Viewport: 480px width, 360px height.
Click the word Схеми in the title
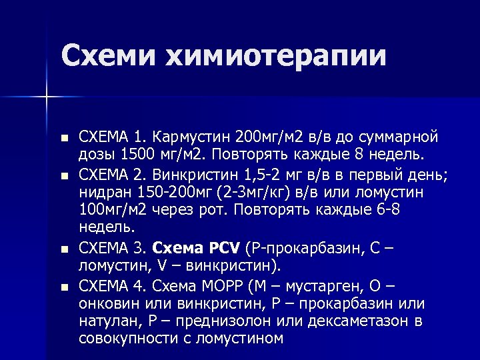click(106, 55)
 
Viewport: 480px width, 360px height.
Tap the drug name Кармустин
click(191, 137)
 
